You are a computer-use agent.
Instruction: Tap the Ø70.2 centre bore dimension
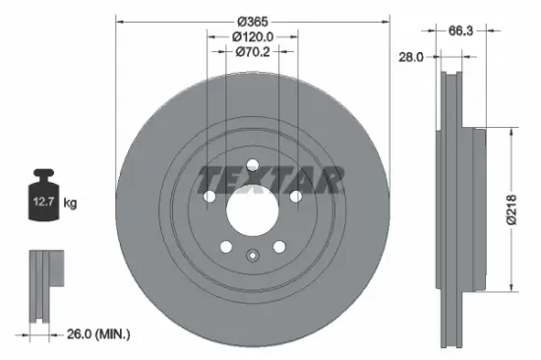pyautogui.click(x=253, y=53)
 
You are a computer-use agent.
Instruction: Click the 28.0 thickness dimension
pyautogui.click(x=411, y=58)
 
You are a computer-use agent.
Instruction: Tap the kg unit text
pyautogui.click(x=70, y=203)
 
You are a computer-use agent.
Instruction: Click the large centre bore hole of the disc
pyautogui.click(x=252, y=209)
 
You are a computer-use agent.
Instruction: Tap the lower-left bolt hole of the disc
pyautogui.click(x=225, y=246)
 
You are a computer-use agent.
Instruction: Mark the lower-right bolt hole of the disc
pyautogui.click(x=278, y=246)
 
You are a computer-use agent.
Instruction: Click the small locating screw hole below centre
pyautogui.click(x=252, y=258)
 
